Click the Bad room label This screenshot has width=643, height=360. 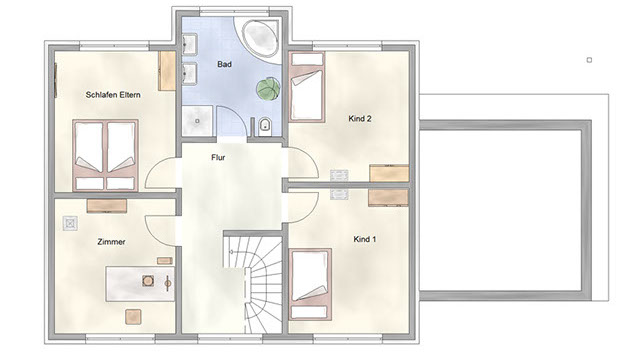pos(224,64)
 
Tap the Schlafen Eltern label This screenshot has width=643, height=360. pos(113,95)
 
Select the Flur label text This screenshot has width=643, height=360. pos(218,157)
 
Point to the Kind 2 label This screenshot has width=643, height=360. pos(360,119)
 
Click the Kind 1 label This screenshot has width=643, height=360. pos(365,239)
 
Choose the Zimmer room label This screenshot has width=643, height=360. pos(111,242)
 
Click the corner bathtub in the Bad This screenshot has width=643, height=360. pos(260,38)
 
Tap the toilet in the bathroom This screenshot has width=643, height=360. pos(265,127)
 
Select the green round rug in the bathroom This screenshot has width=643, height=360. pos(268,89)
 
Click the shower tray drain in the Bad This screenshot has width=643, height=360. pos(197,121)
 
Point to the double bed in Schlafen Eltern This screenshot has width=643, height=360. pos(105,155)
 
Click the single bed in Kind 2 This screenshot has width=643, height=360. pos(307,87)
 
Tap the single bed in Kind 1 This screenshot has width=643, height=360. pos(310,284)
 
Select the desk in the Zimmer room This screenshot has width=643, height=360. pos(140,284)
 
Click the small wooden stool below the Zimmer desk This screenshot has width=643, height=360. pos(133,317)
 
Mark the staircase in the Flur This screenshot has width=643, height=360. pos(253,282)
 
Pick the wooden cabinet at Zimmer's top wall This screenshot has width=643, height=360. pos(107,206)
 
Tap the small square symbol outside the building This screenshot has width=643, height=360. pos(589,60)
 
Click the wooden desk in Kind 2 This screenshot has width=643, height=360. pos(389,173)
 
